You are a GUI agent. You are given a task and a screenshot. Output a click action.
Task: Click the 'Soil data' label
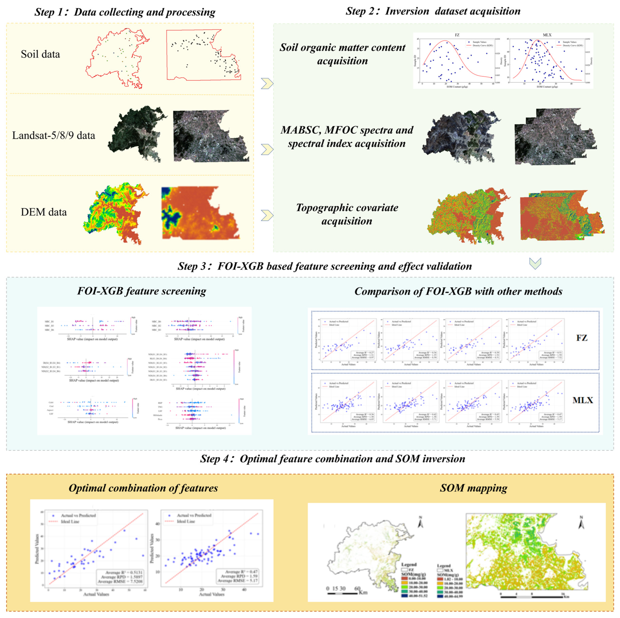[x=40, y=54]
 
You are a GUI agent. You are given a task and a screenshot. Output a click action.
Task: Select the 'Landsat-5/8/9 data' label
[x=54, y=135]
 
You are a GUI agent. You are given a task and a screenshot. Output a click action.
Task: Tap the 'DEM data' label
[x=44, y=212]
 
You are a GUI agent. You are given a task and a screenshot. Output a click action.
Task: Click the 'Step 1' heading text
[x=125, y=12]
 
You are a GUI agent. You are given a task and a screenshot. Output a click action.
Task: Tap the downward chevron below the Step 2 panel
[x=535, y=263]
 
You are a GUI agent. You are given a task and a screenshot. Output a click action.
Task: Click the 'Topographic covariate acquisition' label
[x=347, y=214]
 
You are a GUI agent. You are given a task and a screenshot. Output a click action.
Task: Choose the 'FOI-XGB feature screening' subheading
[x=142, y=291]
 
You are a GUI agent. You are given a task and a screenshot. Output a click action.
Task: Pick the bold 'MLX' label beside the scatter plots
[x=582, y=400]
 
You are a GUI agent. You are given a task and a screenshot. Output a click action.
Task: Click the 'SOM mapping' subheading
[x=473, y=488]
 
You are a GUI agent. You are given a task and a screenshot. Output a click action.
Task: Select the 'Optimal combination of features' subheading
[x=143, y=488]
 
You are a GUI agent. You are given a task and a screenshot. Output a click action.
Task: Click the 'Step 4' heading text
[x=332, y=459]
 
